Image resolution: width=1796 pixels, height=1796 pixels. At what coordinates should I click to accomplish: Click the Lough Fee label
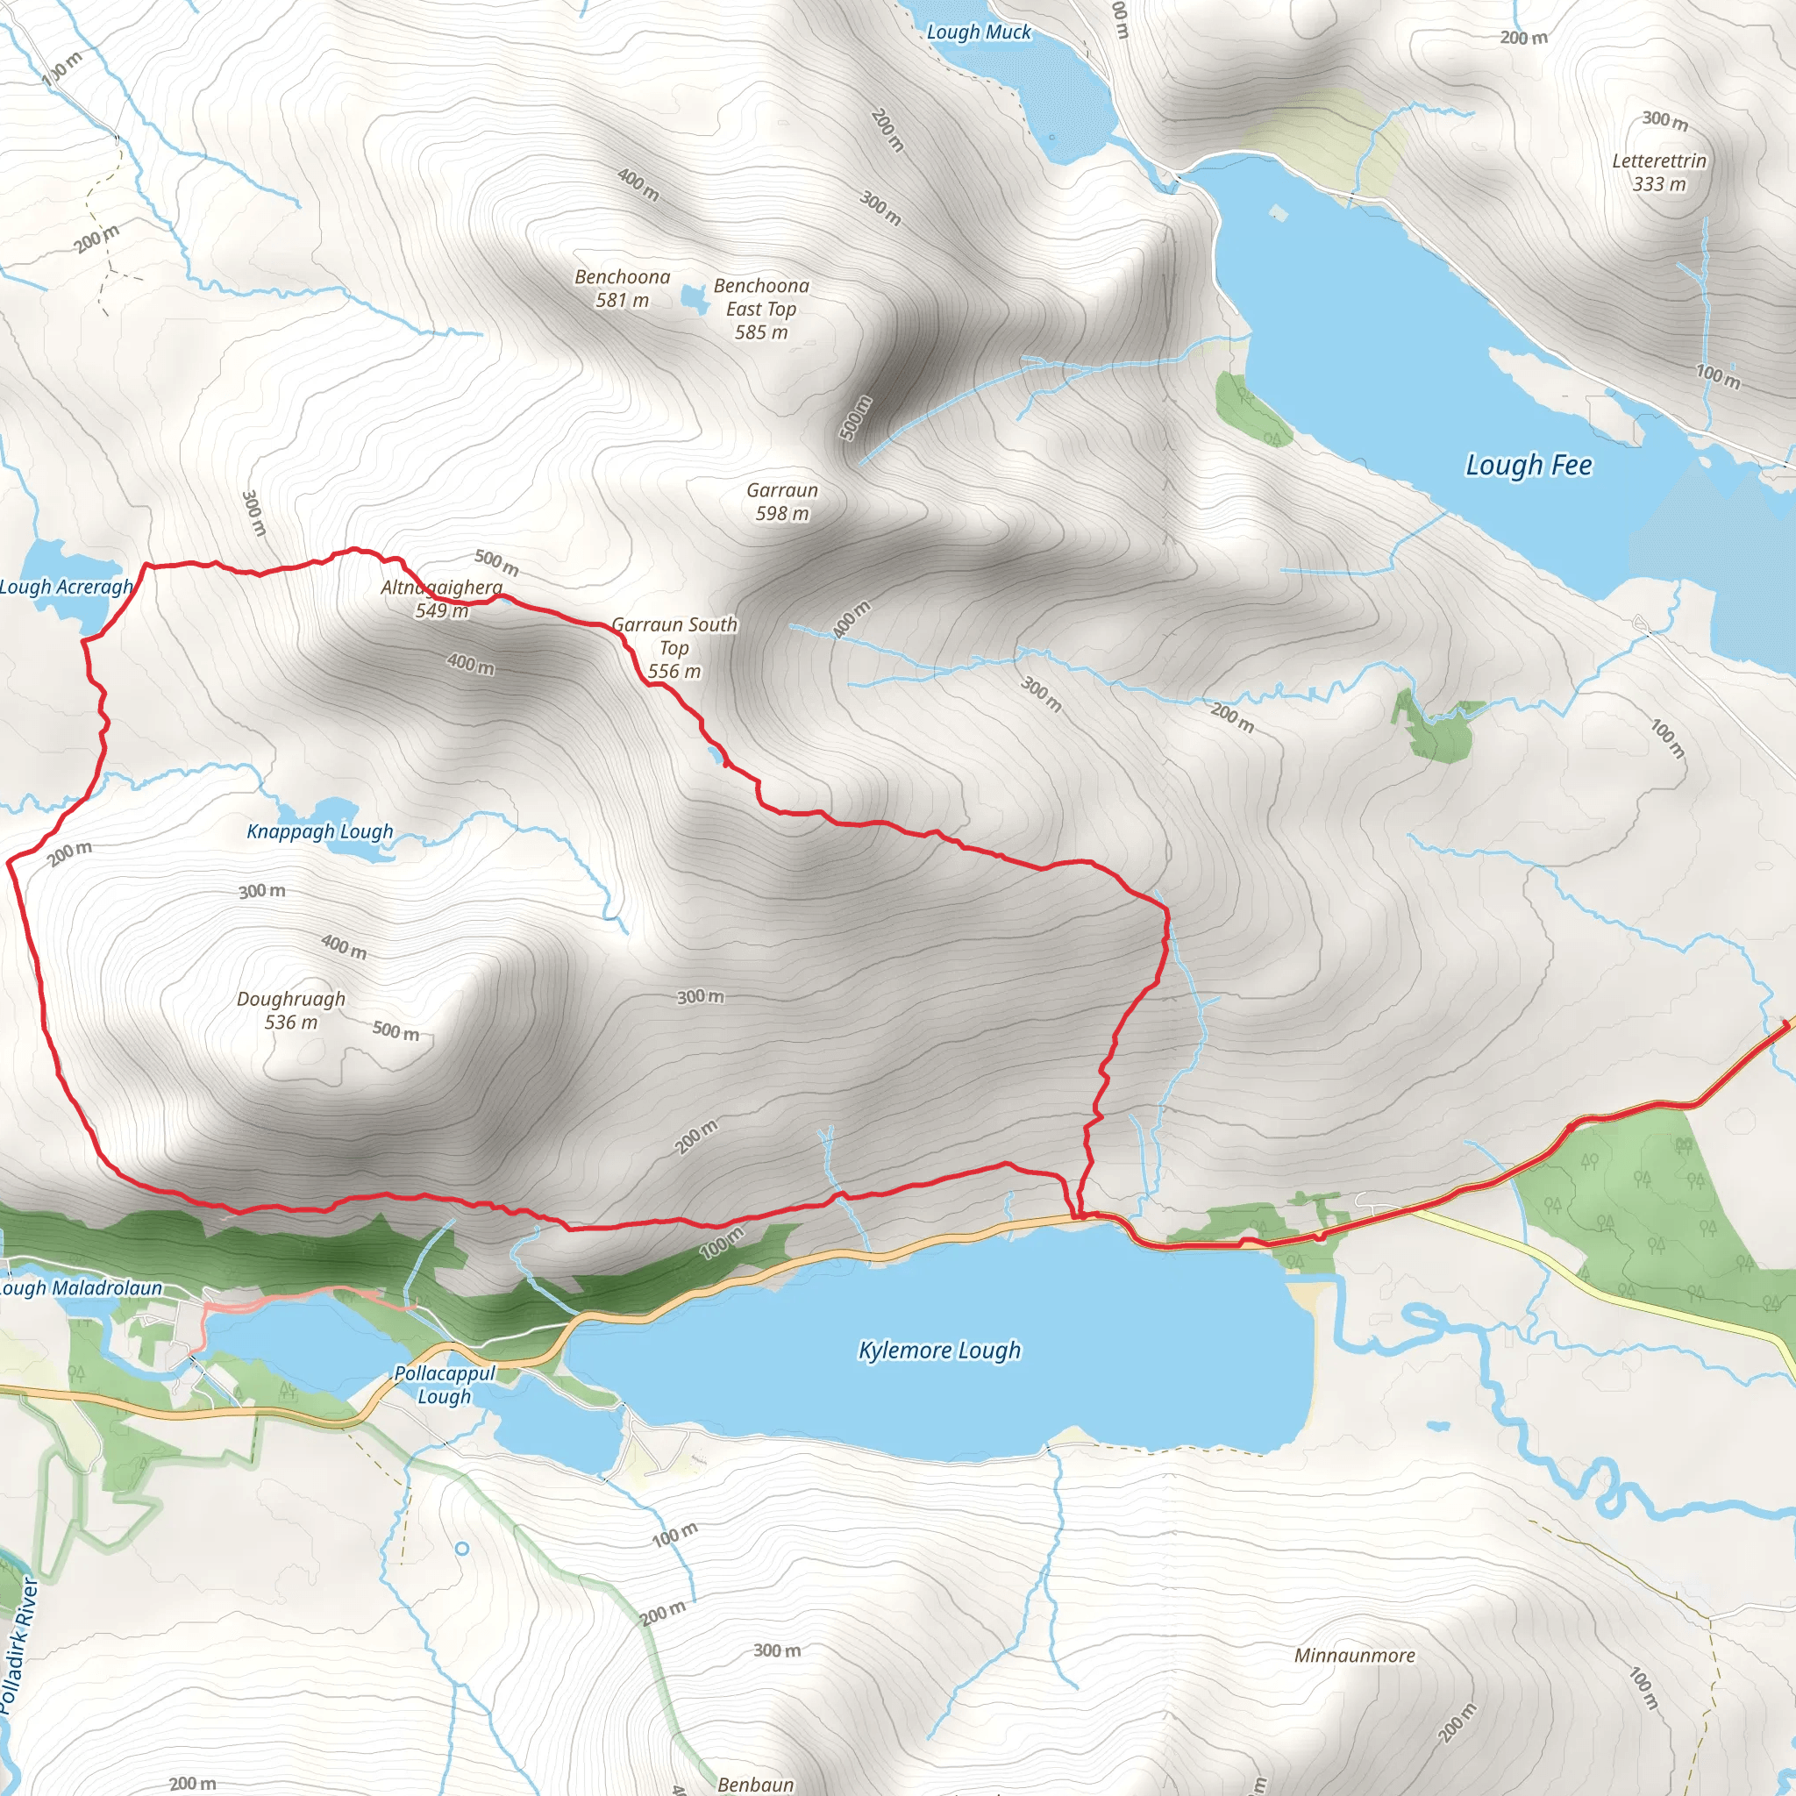[1529, 465]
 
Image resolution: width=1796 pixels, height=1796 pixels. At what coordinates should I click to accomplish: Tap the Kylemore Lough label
[939, 1350]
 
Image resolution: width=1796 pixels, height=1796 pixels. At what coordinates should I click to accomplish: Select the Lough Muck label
[978, 32]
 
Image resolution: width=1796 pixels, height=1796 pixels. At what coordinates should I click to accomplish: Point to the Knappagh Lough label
[320, 831]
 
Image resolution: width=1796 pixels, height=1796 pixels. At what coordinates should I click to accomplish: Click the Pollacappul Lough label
[445, 1384]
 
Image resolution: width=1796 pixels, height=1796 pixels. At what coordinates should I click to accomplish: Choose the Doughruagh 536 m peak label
[291, 1010]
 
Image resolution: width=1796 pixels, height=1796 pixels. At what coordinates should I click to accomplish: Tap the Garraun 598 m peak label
[781, 502]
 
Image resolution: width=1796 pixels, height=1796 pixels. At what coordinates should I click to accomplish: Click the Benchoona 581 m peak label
[622, 289]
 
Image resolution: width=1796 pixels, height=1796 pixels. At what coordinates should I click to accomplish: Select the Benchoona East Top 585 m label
[761, 309]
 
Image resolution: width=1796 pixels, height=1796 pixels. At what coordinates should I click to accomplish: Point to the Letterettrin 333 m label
[1659, 172]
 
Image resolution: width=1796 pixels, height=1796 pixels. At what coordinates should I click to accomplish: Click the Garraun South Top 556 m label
[675, 648]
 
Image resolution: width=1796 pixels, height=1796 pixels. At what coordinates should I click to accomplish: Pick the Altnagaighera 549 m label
[442, 599]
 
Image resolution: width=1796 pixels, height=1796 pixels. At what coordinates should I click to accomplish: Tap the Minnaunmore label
[1354, 1656]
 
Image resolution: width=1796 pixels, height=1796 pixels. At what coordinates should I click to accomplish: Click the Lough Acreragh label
[66, 587]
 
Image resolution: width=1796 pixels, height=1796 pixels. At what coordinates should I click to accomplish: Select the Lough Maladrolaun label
[80, 1288]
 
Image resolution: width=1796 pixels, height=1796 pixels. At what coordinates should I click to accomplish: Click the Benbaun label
[755, 1784]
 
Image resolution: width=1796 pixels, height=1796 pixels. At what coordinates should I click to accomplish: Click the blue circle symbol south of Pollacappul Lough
[462, 1549]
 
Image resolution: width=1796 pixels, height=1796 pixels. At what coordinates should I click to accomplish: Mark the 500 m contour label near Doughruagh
[396, 1030]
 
